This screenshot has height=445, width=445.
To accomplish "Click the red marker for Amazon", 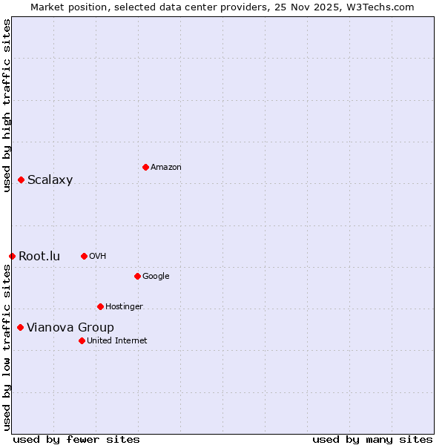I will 145,167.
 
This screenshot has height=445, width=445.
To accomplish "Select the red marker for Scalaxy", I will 22,179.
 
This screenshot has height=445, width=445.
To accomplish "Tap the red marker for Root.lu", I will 12,256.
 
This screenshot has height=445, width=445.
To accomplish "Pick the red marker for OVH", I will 84,256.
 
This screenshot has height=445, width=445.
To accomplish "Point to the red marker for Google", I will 137,276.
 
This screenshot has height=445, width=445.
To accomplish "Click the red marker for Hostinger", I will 100,306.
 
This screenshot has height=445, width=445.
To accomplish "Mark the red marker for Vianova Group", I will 20,327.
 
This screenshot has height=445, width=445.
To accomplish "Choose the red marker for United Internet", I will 82,340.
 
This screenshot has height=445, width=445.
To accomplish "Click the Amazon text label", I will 165,168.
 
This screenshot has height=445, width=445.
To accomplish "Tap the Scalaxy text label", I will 50,179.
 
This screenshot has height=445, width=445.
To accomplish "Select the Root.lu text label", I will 39,257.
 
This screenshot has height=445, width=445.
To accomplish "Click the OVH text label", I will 97,257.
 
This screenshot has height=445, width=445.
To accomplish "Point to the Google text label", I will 156,277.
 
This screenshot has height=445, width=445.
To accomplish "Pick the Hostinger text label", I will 124,307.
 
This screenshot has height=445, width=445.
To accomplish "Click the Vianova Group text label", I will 70,328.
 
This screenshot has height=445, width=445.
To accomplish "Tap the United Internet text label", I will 116,341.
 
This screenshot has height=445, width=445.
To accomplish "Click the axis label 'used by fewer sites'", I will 76,439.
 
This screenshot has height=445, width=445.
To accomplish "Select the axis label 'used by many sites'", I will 372,439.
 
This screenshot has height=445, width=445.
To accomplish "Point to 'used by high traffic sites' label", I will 7,105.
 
